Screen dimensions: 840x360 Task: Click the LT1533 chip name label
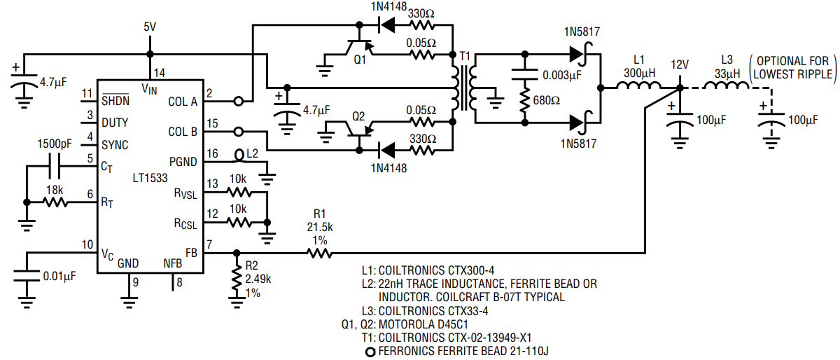point(150,178)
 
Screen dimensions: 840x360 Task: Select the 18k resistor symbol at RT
point(55,202)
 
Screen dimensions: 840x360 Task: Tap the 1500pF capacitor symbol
point(55,166)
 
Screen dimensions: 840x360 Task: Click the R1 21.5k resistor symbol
point(319,254)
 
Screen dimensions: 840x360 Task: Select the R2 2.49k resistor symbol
point(237,278)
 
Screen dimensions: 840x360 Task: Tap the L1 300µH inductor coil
point(638,85)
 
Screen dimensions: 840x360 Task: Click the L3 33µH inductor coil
point(727,85)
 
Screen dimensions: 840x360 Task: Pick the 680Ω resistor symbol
point(525,100)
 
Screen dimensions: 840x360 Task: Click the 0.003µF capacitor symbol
point(525,74)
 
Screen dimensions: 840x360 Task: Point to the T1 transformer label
point(465,56)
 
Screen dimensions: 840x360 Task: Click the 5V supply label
point(150,27)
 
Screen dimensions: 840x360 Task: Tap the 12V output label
point(680,65)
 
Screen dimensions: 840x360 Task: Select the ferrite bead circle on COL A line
point(239,102)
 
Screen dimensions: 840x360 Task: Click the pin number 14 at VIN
point(160,73)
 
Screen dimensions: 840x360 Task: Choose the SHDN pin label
point(115,101)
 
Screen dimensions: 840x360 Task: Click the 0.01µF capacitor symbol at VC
point(27,275)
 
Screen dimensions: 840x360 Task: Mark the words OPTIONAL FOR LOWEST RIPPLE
point(792,67)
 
